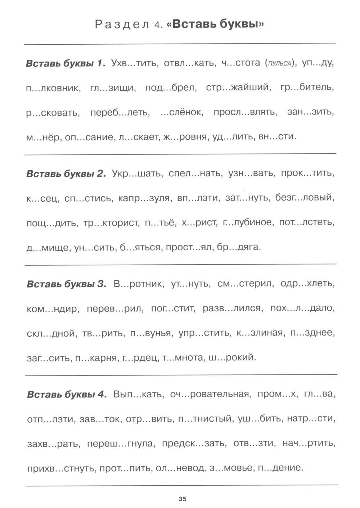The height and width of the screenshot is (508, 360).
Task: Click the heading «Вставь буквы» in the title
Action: pos(215,24)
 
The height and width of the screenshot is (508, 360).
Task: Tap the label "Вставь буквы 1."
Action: pos(66,63)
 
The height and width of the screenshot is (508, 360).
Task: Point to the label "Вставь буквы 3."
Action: pos(67,284)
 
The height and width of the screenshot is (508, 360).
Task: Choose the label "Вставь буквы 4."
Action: pos(67,394)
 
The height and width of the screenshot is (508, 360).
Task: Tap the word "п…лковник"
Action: pos(54,88)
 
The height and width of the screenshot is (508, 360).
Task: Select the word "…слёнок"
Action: pos(181,112)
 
